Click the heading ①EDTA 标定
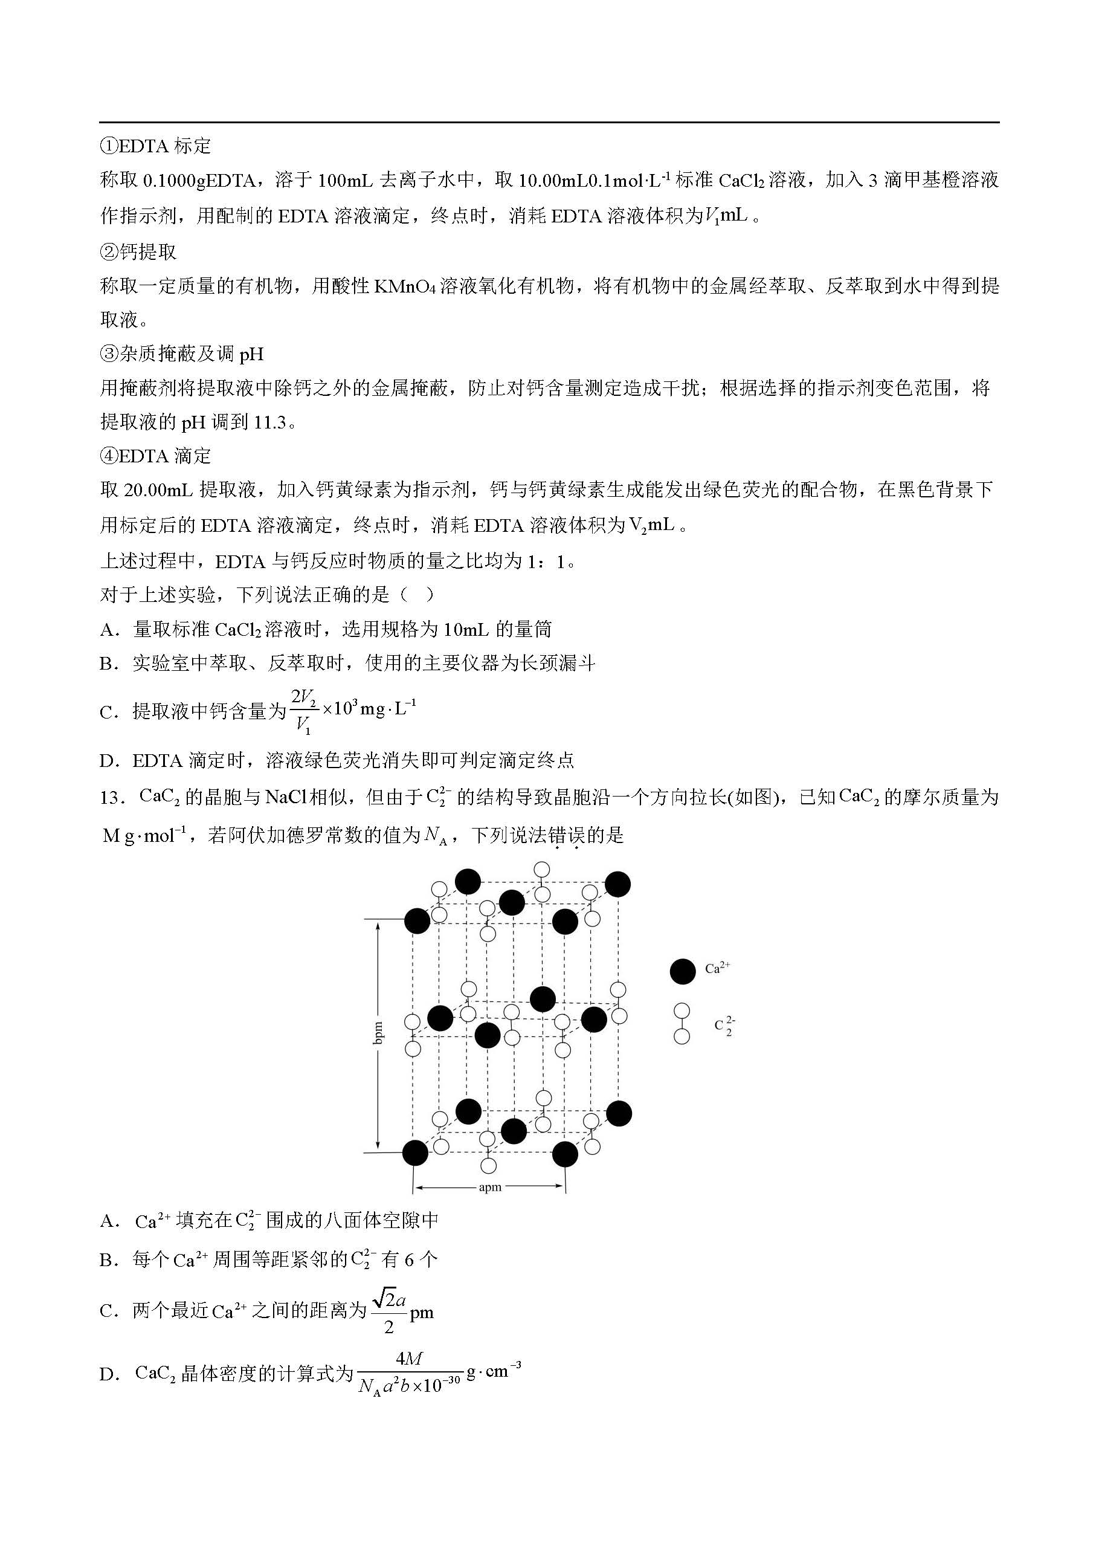point(155,146)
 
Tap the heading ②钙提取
point(138,252)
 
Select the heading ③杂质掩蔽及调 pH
point(181,354)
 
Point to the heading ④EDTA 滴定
point(155,456)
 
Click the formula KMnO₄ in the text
point(404,286)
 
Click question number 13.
point(111,798)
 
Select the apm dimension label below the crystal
point(489,1187)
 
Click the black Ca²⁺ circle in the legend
point(682,971)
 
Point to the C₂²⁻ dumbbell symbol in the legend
point(682,1023)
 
